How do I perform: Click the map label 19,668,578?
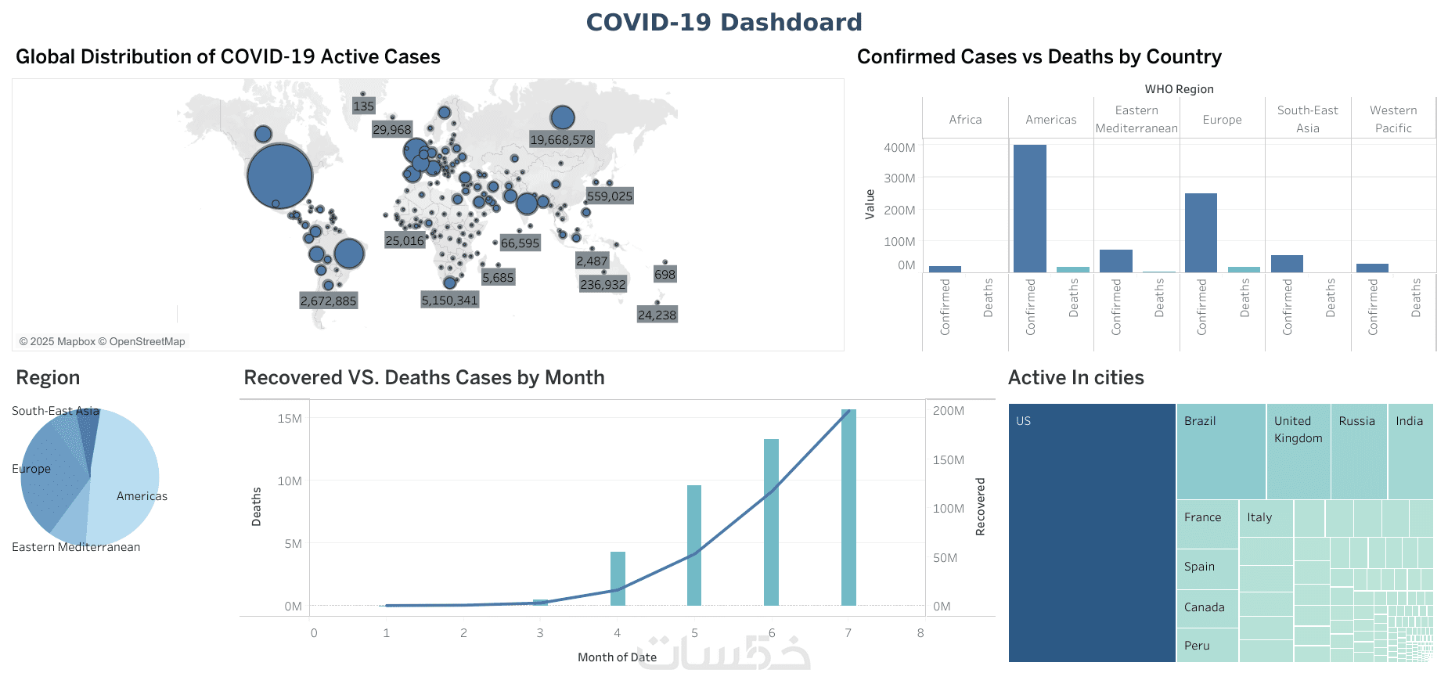[562, 140]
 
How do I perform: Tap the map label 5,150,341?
[449, 300]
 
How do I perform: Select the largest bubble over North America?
[279, 176]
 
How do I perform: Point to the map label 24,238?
[657, 315]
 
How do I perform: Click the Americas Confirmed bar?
[1029, 208]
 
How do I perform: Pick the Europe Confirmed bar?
[1201, 232]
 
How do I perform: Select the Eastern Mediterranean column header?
[1136, 119]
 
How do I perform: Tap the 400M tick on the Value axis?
[899, 147]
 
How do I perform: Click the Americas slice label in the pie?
[142, 496]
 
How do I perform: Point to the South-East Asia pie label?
[56, 411]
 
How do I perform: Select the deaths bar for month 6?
[771, 522]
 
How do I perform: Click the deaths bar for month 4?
[618, 578]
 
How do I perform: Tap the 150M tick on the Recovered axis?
[948, 460]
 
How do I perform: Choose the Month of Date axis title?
[617, 657]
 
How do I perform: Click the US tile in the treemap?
[1092, 532]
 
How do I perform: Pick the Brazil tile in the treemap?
[1220, 452]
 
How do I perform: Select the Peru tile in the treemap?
[1207, 646]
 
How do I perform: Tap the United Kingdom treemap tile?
[1298, 452]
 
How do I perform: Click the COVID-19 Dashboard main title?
[724, 22]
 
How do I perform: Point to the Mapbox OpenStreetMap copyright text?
[103, 341]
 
